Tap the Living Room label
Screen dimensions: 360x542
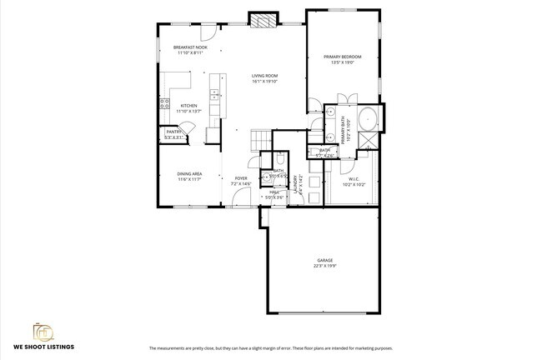[265, 77]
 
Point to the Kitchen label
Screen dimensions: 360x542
[189, 106]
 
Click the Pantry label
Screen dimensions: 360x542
[173, 131]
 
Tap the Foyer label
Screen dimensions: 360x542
[240, 178]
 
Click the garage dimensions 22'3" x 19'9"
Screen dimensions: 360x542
[324, 266]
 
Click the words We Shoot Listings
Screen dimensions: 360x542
[44, 347]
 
